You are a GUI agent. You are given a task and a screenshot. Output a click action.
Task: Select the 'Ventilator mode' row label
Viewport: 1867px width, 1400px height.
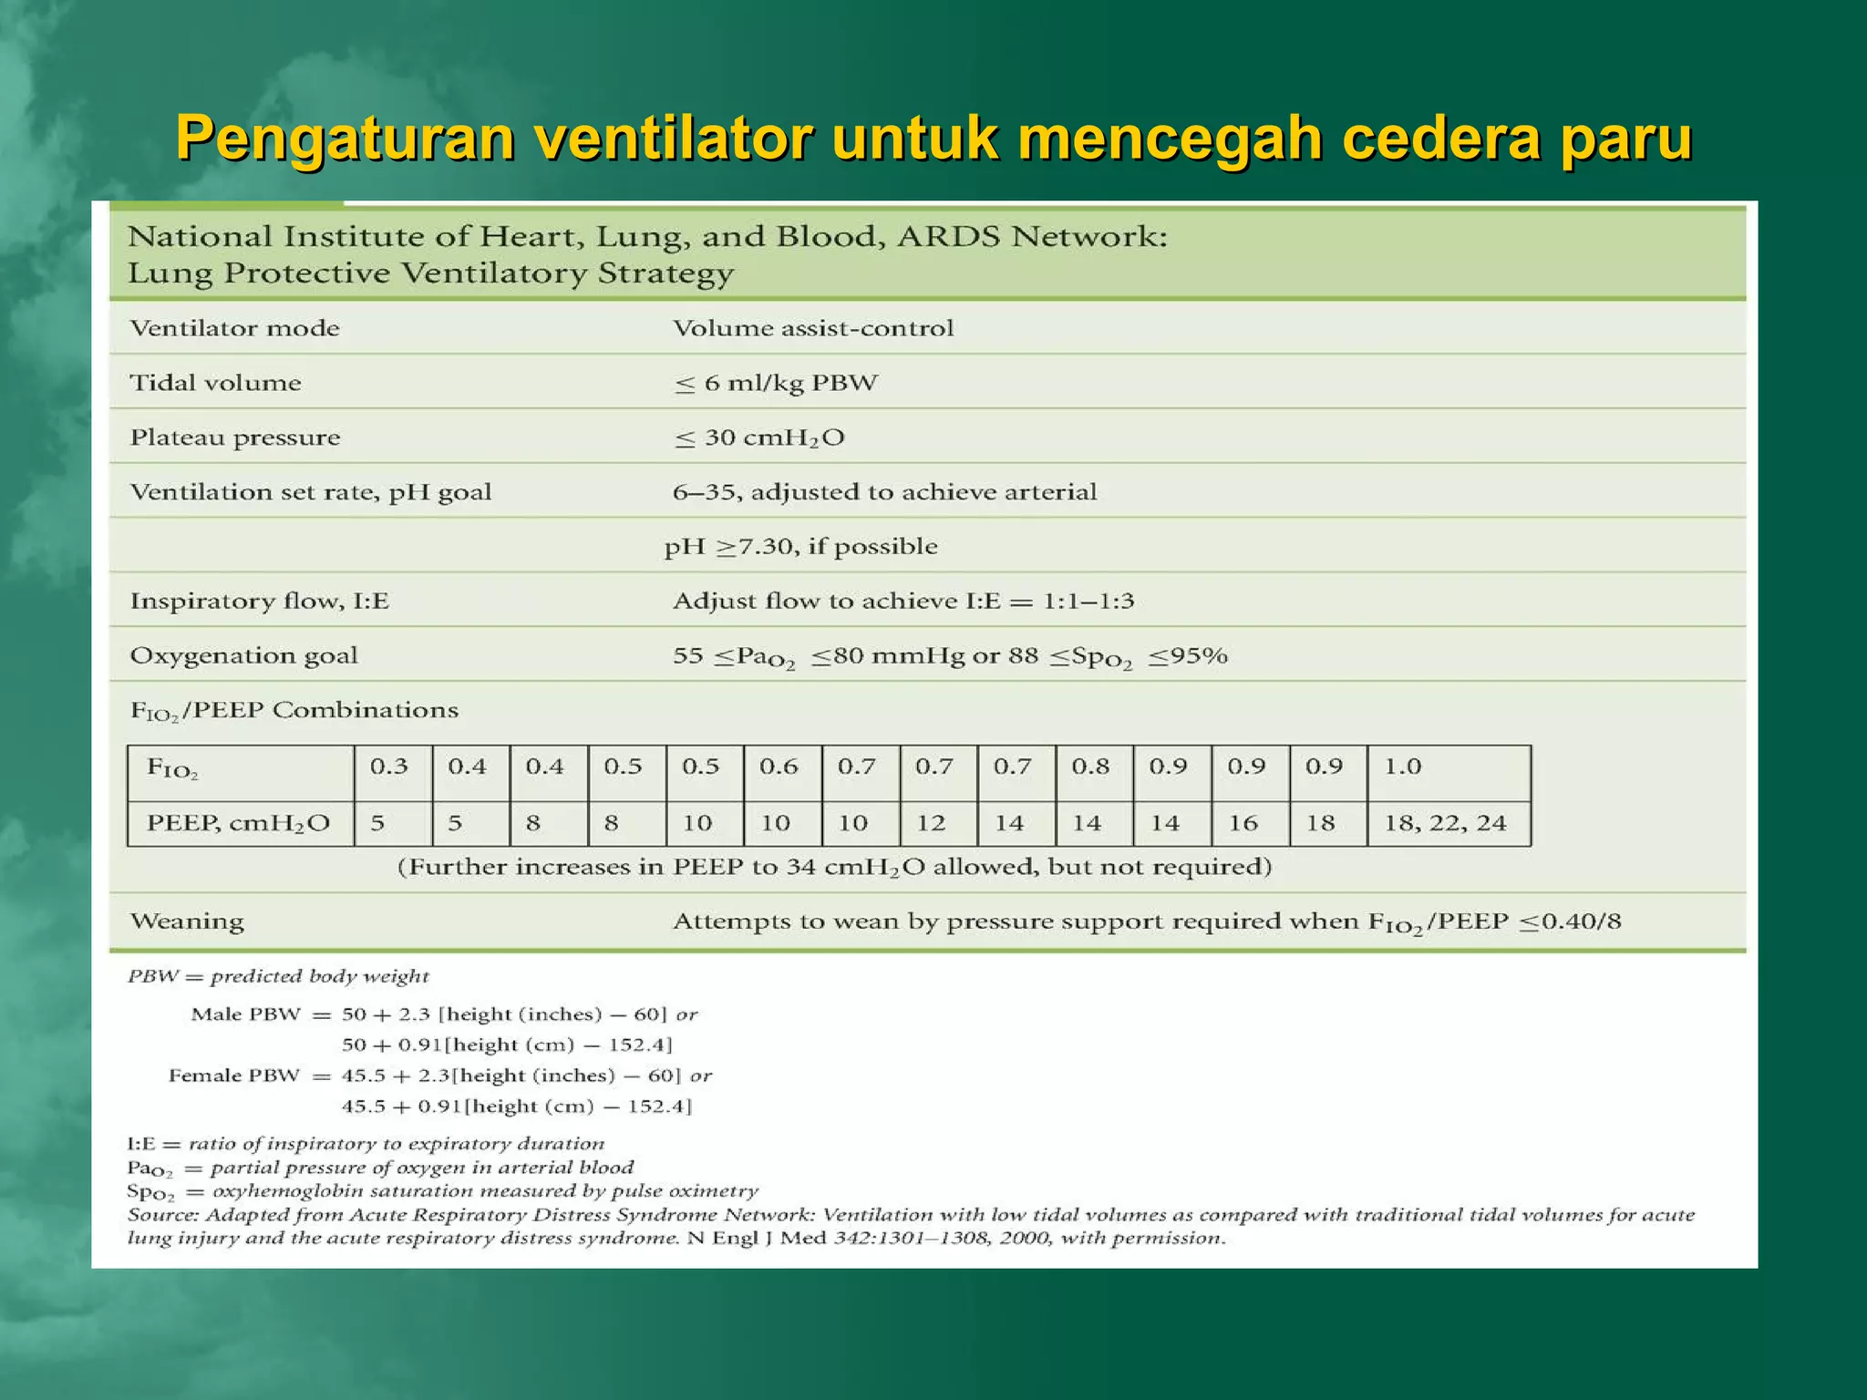tap(234, 328)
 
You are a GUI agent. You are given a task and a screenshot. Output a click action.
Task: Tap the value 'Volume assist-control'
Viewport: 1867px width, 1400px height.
tap(813, 328)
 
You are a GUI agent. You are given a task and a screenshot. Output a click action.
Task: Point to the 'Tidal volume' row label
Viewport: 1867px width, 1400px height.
tap(215, 383)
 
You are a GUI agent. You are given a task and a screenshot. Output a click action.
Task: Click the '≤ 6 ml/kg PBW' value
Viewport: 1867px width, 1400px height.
tap(776, 384)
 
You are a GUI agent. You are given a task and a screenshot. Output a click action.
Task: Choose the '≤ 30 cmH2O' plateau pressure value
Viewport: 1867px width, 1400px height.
tap(759, 438)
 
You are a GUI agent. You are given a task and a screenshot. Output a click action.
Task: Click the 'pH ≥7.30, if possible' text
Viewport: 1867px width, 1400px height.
tap(800, 547)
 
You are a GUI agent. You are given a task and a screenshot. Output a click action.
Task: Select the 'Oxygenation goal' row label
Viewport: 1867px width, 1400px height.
tap(243, 656)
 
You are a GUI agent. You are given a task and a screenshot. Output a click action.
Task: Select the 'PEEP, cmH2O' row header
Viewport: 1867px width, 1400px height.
tap(238, 824)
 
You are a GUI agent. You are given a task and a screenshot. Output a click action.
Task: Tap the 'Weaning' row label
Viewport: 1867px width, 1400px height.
tap(187, 921)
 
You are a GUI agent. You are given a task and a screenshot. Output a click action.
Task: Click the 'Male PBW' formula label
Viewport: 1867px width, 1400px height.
tap(245, 1014)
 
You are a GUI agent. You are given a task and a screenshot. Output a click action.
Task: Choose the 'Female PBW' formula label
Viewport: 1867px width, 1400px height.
tap(234, 1076)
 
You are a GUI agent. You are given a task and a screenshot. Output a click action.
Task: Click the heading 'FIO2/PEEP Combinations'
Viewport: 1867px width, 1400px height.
tap(294, 711)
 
